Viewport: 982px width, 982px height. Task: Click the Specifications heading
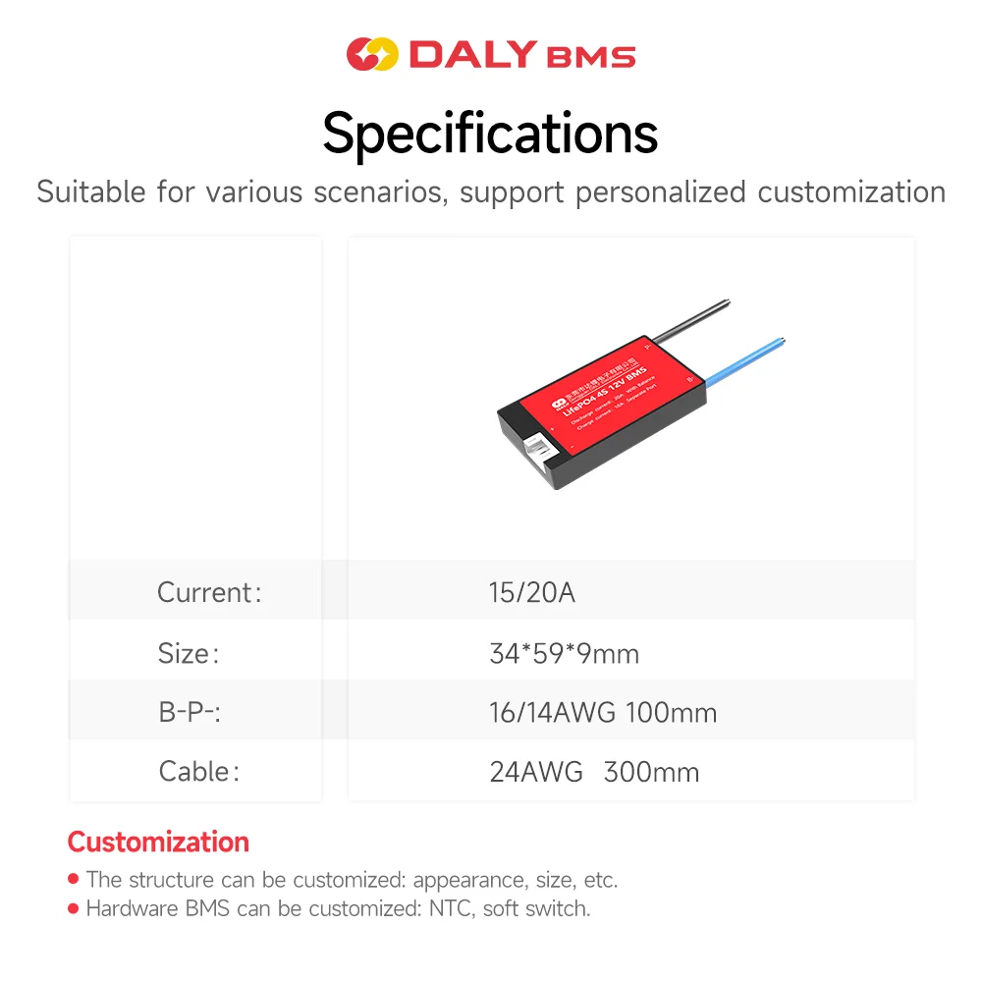[490, 133]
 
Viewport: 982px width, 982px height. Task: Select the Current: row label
[209, 593]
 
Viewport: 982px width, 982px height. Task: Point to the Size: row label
[189, 653]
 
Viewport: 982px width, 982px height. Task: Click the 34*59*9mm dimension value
[564, 653]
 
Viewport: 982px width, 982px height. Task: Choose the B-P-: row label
[190, 712]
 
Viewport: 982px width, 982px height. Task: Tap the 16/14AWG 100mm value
[603, 712]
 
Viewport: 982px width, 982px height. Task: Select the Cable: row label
[198, 772]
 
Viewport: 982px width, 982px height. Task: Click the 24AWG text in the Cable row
[536, 772]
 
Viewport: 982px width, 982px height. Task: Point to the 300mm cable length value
[651, 772]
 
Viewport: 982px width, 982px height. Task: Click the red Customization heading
[158, 842]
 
